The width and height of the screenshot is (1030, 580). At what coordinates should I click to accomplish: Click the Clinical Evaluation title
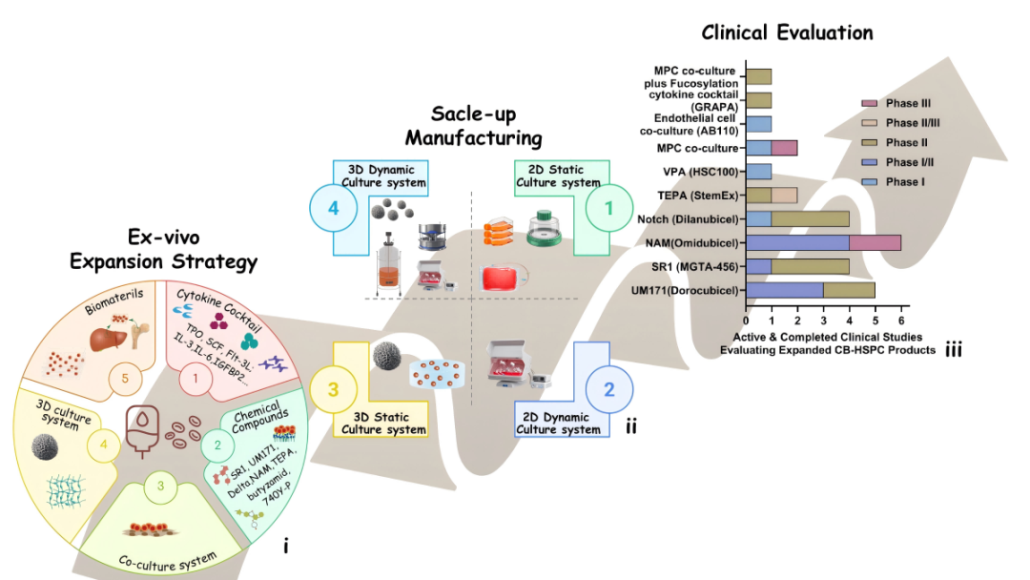(x=787, y=32)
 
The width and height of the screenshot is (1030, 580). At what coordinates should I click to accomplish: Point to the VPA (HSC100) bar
(x=758, y=172)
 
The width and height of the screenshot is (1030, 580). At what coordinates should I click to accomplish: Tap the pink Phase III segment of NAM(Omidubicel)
(x=875, y=242)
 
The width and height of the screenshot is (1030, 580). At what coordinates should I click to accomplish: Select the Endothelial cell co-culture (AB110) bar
(x=758, y=123)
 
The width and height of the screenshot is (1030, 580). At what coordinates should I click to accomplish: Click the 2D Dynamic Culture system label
(x=559, y=423)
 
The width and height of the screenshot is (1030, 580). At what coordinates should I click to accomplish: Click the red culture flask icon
(x=504, y=278)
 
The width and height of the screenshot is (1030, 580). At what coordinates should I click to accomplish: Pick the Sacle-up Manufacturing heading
(x=472, y=125)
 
